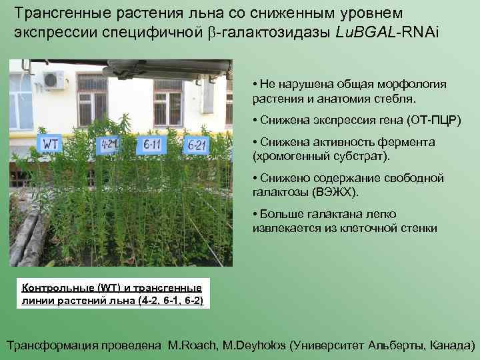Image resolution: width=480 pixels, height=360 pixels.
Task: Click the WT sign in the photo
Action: click(x=51, y=143)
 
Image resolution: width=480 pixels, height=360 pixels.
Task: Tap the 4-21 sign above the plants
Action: click(x=108, y=144)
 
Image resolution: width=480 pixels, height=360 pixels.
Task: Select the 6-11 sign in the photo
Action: click(x=153, y=144)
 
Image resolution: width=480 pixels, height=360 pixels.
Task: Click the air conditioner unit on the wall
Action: click(x=53, y=80)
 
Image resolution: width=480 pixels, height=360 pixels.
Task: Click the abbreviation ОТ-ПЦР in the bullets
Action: click(x=433, y=121)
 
